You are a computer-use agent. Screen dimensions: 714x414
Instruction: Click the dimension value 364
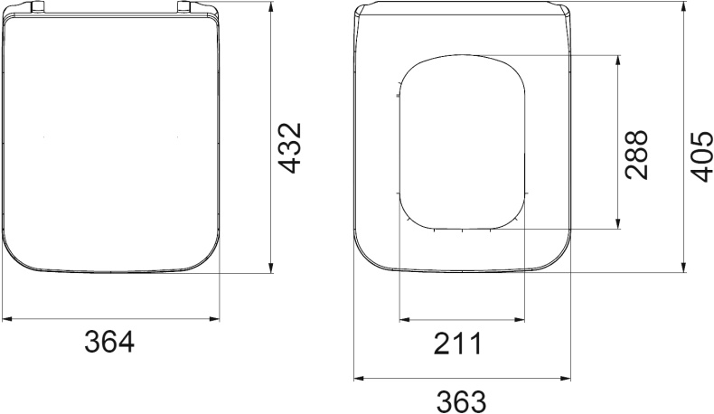(x=109, y=342)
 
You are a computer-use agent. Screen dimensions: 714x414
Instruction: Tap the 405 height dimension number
(x=701, y=156)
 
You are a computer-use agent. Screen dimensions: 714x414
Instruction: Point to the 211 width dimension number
(x=457, y=343)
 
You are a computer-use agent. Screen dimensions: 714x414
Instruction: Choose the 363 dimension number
(x=461, y=401)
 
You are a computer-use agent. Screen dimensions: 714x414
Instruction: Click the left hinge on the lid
(x=37, y=6)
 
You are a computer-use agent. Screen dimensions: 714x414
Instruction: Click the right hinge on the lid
(x=183, y=6)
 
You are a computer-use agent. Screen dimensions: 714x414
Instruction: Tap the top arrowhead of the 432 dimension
(x=271, y=7)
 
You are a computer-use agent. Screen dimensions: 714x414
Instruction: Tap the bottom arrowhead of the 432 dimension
(x=271, y=268)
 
